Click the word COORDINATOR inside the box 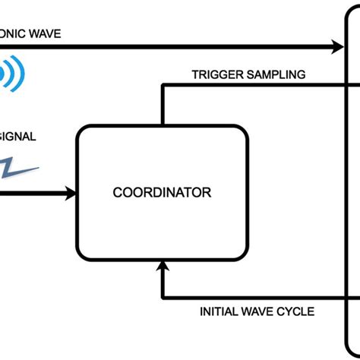click(162, 193)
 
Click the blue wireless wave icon click(12, 74)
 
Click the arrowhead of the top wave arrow click(338, 48)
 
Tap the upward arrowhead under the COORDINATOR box click(162, 265)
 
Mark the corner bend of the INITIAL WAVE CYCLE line click(162, 298)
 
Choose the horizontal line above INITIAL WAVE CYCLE click(251, 298)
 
